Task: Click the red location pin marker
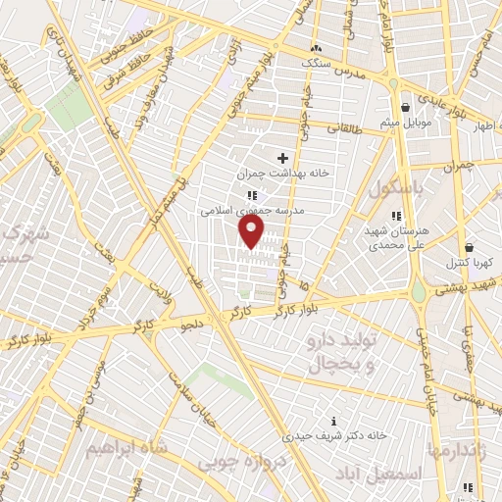point(252,231)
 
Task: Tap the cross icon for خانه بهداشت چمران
point(283,157)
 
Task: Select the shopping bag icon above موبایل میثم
point(406,108)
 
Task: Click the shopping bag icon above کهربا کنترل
point(470,247)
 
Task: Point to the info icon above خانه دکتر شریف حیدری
point(334,421)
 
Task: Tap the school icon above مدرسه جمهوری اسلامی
point(252,195)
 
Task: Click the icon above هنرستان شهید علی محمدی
point(396,216)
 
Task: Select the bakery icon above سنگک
point(315,47)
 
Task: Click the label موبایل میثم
point(406,124)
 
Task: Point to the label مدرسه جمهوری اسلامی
point(253,210)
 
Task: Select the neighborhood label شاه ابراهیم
point(126,448)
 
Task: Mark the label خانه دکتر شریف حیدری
point(334,434)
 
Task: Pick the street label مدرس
point(350,72)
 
